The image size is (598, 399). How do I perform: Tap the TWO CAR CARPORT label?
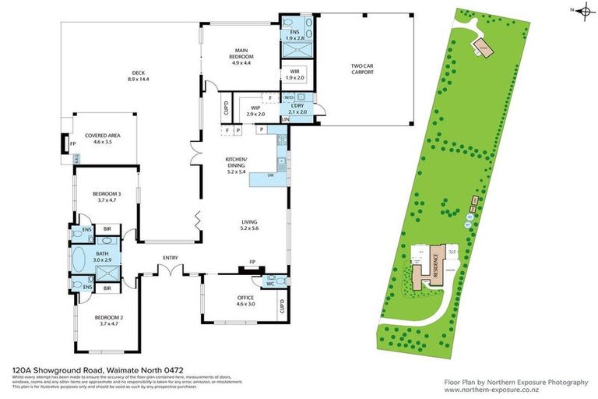362,69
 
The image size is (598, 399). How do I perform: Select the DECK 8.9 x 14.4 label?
139,76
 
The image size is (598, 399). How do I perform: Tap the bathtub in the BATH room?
79,259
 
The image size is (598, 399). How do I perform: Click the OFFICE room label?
245,301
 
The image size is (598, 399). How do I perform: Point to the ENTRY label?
170,257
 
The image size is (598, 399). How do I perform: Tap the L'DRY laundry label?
297,108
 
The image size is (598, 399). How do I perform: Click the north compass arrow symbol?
579,9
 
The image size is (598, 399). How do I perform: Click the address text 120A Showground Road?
83,373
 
